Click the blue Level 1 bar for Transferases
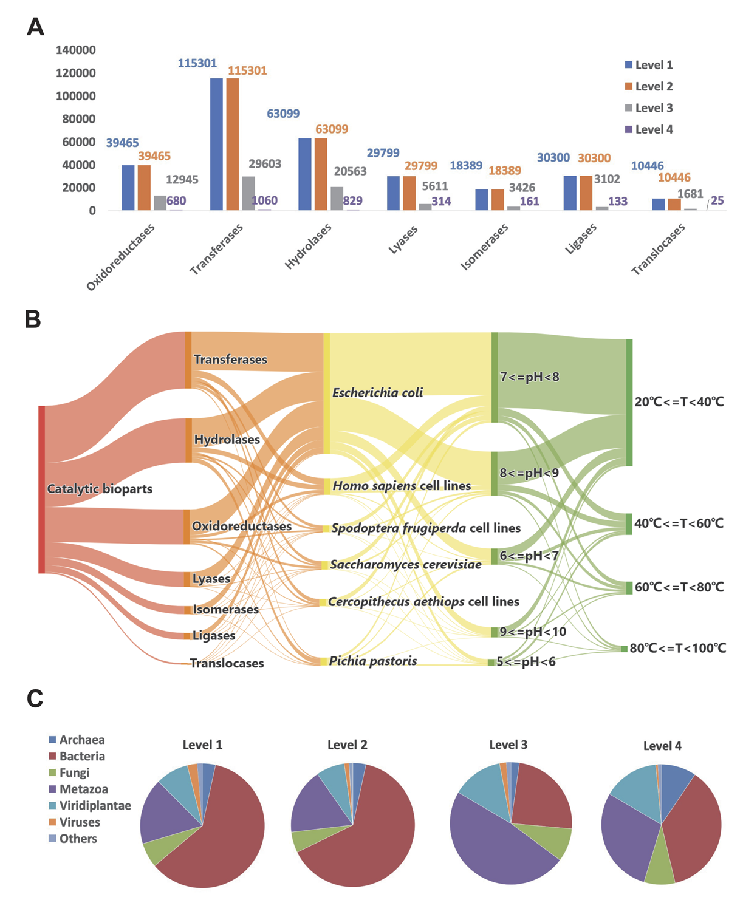(x=216, y=145)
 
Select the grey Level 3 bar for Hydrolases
(x=337, y=199)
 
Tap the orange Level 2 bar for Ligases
(x=586, y=193)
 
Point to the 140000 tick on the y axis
(x=76, y=50)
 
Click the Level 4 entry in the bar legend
(x=648, y=129)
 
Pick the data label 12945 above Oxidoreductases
(x=182, y=180)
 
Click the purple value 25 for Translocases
(x=717, y=200)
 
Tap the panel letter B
(x=33, y=319)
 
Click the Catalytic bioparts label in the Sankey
(x=100, y=489)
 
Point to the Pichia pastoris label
(x=373, y=661)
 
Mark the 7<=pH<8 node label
(x=529, y=377)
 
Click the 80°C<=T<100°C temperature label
(x=677, y=649)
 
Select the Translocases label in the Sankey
(x=227, y=663)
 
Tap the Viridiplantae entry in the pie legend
(x=95, y=806)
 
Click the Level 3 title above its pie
(x=508, y=745)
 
